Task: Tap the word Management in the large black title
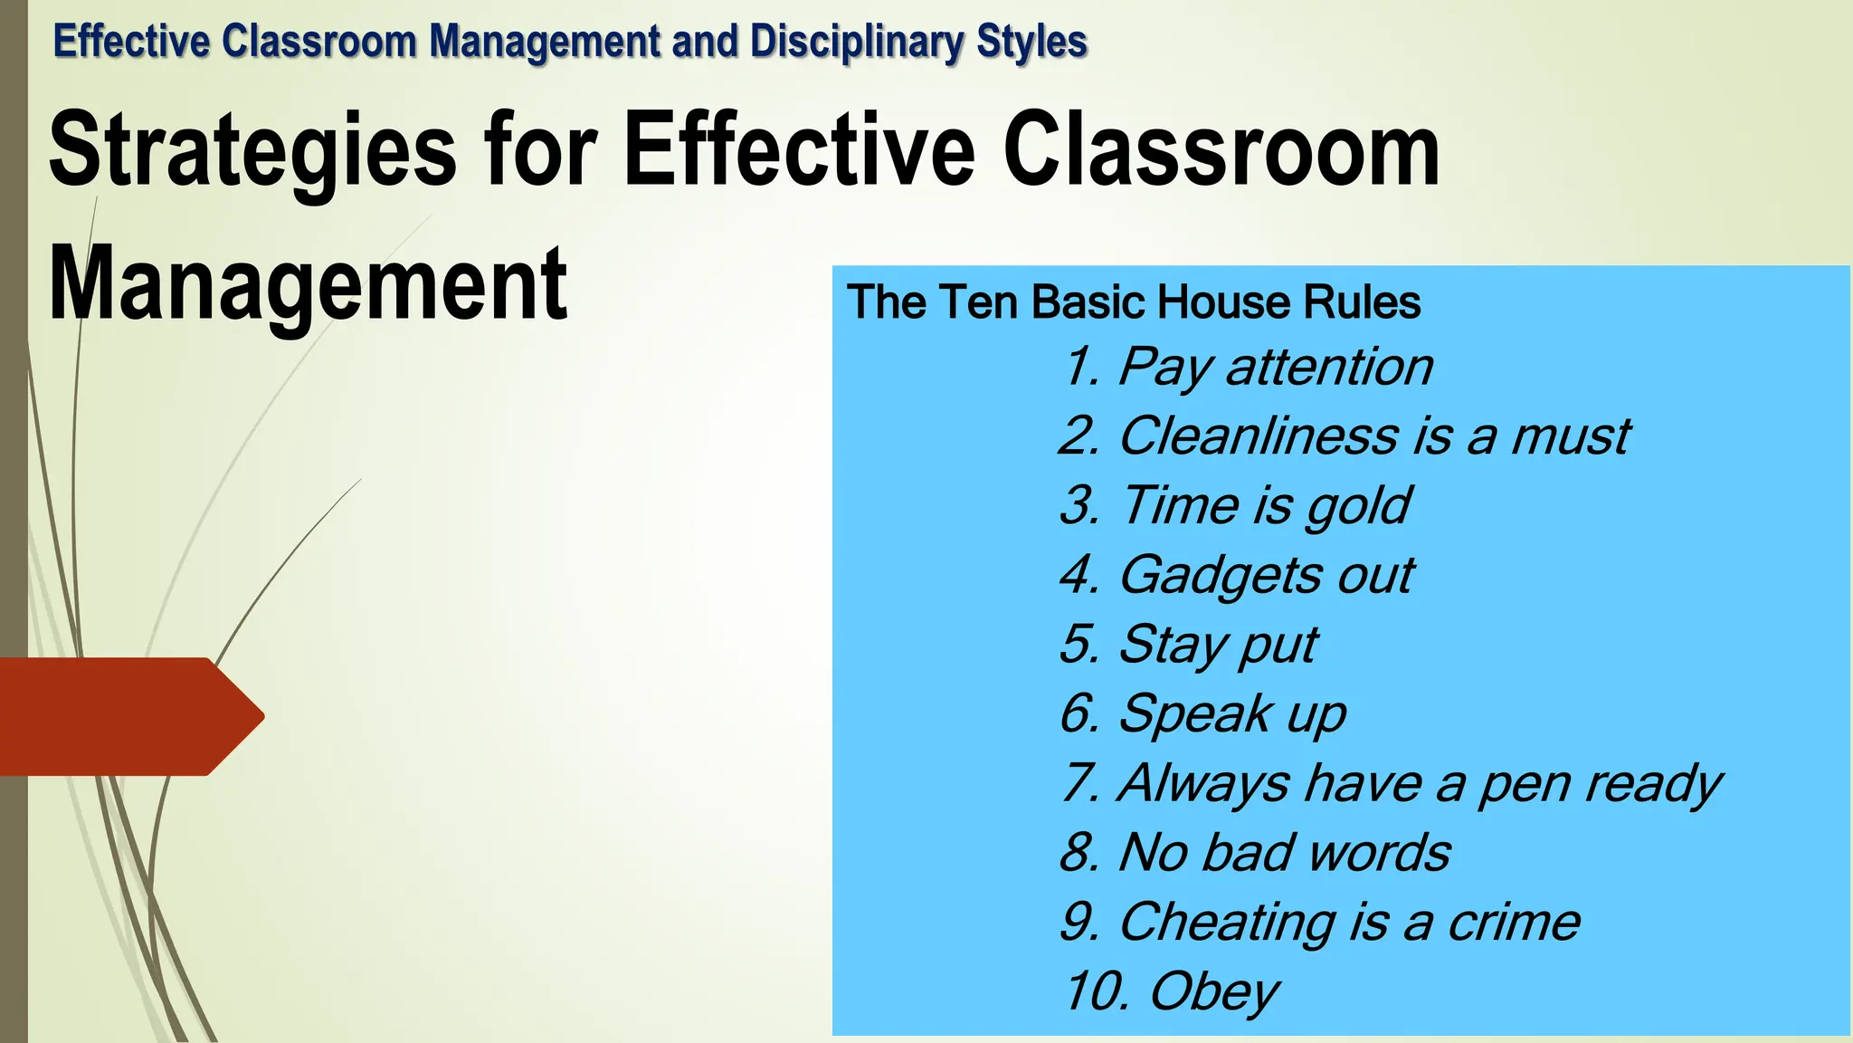(308, 284)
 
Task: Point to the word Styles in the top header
(1031, 42)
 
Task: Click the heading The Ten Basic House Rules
(1134, 302)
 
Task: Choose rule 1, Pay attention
(1249, 368)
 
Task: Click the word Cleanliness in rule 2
(1259, 436)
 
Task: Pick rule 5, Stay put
(1189, 646)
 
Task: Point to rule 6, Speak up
(1203, 714)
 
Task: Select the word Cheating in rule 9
(1227, 923)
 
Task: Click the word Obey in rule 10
(1213, 992)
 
